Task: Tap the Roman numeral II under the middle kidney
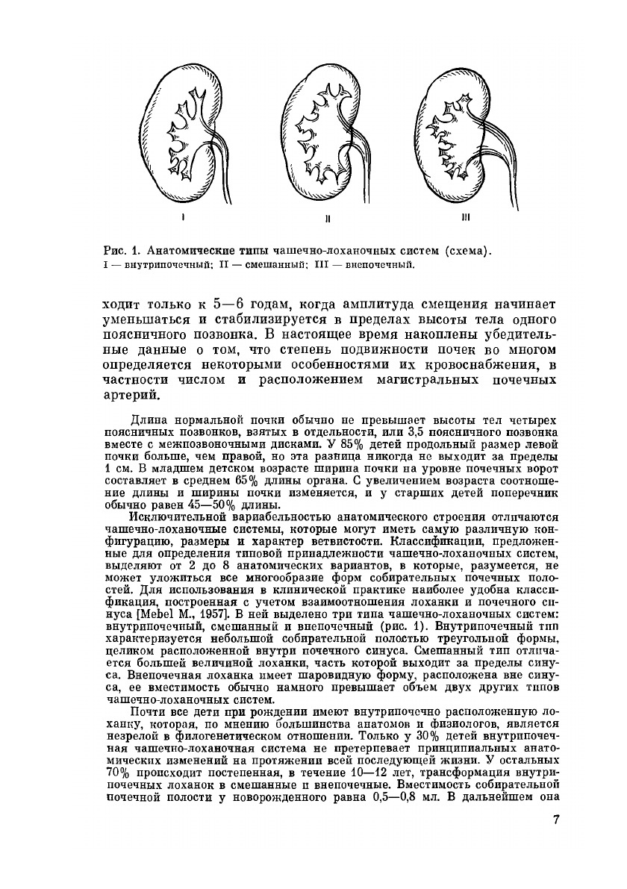point(328,219)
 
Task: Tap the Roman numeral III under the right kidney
point(464,218)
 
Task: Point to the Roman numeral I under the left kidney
point(183,219)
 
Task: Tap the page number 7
point(555,820)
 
